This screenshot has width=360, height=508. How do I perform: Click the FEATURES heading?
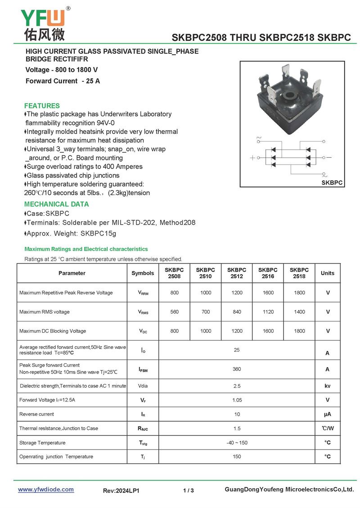[42, 106]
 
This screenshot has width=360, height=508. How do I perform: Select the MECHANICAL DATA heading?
[56, 204]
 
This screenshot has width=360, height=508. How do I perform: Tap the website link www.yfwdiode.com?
[45, 490]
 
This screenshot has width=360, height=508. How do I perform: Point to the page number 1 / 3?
[189, 490]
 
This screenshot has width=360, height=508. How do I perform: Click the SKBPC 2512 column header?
[237, 273]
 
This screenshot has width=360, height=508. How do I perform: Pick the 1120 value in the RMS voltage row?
[268, 312]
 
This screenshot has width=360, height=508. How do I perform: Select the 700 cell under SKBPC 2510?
[206, 312]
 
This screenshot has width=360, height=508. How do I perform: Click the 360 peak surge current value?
[237, 369]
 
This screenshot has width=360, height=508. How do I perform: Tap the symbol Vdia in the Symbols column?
[143, 386]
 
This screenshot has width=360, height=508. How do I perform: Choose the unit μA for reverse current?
[328, 414]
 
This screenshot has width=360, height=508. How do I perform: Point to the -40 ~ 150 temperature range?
[237, 443]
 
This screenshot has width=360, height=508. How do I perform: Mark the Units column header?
[328, 273]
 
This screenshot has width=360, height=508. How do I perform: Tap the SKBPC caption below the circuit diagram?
[332, 183]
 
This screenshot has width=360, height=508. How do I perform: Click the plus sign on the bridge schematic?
[252, 158]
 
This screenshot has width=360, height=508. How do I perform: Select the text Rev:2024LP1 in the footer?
[121, 491]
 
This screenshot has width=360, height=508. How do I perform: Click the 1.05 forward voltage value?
[237, 400]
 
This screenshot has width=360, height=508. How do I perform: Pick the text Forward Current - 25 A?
[63, 81]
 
